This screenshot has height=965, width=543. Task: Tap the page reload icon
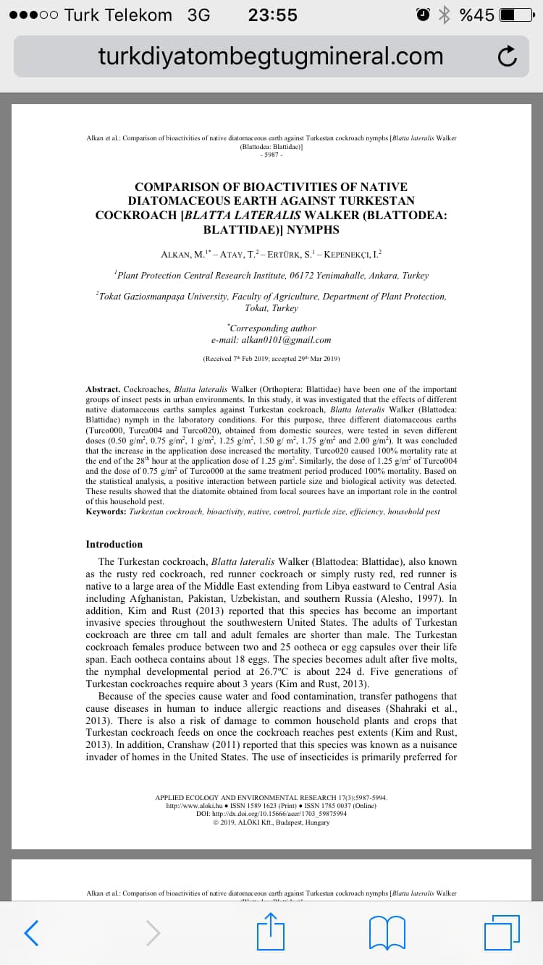point(508,56)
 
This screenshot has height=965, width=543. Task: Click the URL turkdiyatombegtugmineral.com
point(271,56)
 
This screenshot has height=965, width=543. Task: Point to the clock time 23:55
point(272,15)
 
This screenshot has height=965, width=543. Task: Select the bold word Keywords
point(106,511)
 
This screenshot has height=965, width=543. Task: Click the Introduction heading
point(114,544)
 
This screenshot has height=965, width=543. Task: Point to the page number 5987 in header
point(271,154)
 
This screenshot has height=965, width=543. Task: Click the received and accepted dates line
point(271,358)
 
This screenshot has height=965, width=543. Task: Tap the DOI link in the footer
point(271,814)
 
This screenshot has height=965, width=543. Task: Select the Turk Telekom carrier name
point(118,15)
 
